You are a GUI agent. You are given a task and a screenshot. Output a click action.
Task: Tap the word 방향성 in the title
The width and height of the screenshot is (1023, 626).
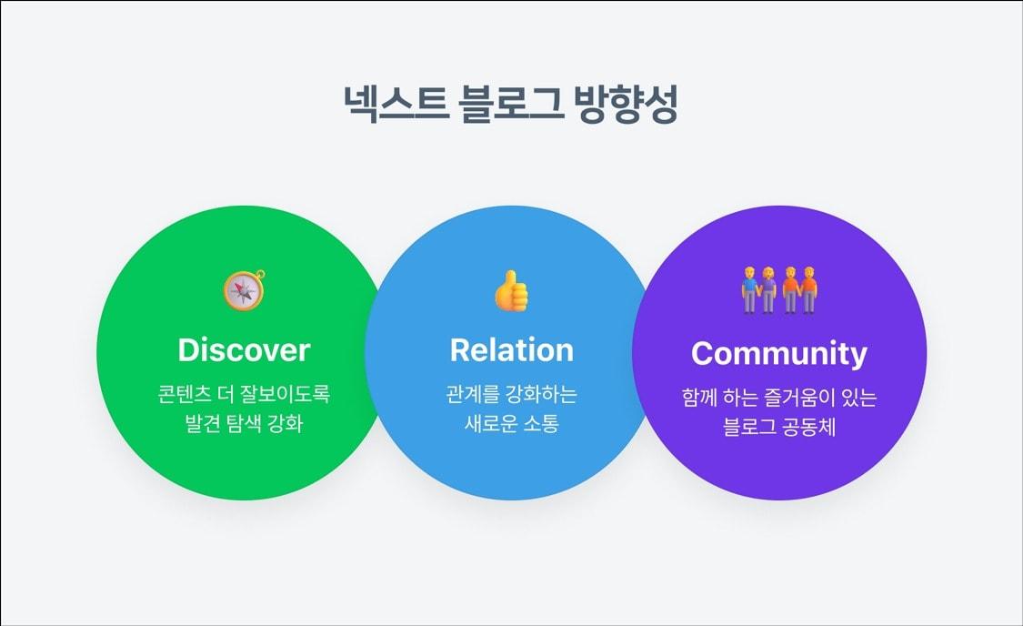tap(627, 106)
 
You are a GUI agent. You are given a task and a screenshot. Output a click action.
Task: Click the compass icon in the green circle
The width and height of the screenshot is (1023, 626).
tap(244, 290)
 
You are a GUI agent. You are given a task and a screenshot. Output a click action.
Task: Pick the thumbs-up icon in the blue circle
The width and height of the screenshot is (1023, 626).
tap(512, 290)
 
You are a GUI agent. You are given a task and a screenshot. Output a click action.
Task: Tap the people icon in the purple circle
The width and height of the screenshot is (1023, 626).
tap(779, 290)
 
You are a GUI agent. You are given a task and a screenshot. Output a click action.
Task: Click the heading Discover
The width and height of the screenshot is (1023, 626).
tap(244, 350)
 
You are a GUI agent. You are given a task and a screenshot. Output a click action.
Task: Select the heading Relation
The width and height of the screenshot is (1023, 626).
tap(512, 350)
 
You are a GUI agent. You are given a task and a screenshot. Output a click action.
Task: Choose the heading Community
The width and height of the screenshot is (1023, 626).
tap(779, 353)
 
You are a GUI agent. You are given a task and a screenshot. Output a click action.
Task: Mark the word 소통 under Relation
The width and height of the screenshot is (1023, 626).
tap(542, 424)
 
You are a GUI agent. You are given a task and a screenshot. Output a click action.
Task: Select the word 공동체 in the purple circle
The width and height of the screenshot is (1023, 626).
tap(808, 427)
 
